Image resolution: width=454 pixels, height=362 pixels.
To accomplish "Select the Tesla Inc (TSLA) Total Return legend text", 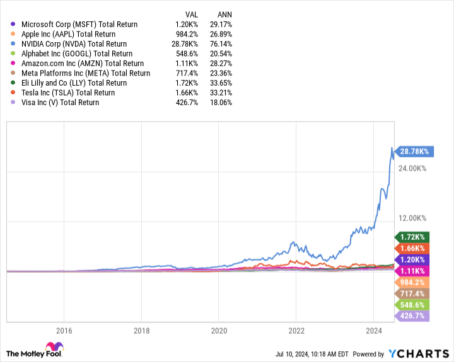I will click(73, 93).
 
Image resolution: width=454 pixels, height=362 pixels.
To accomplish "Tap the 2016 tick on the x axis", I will click(64, 331).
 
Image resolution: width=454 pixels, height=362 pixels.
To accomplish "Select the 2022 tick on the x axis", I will click(296, 331).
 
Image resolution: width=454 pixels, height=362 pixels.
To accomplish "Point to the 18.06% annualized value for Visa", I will click(220, 102).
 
